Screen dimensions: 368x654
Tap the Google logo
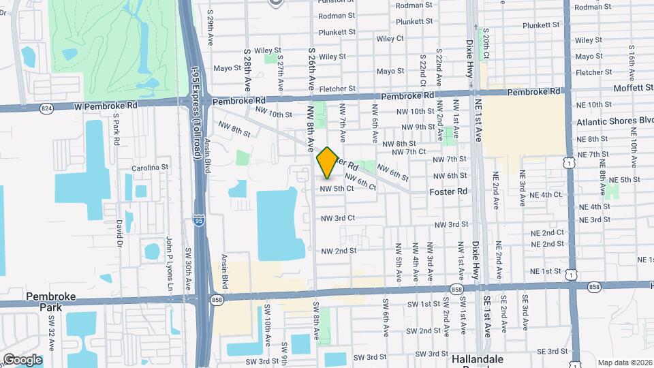[x=22, y=359]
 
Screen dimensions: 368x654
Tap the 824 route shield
[x=46, y=108]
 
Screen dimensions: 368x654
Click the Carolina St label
[x=150, y=167]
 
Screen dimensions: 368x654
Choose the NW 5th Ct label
[x=337, y=188]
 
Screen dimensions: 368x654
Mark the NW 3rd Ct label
[x=338, y=218]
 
